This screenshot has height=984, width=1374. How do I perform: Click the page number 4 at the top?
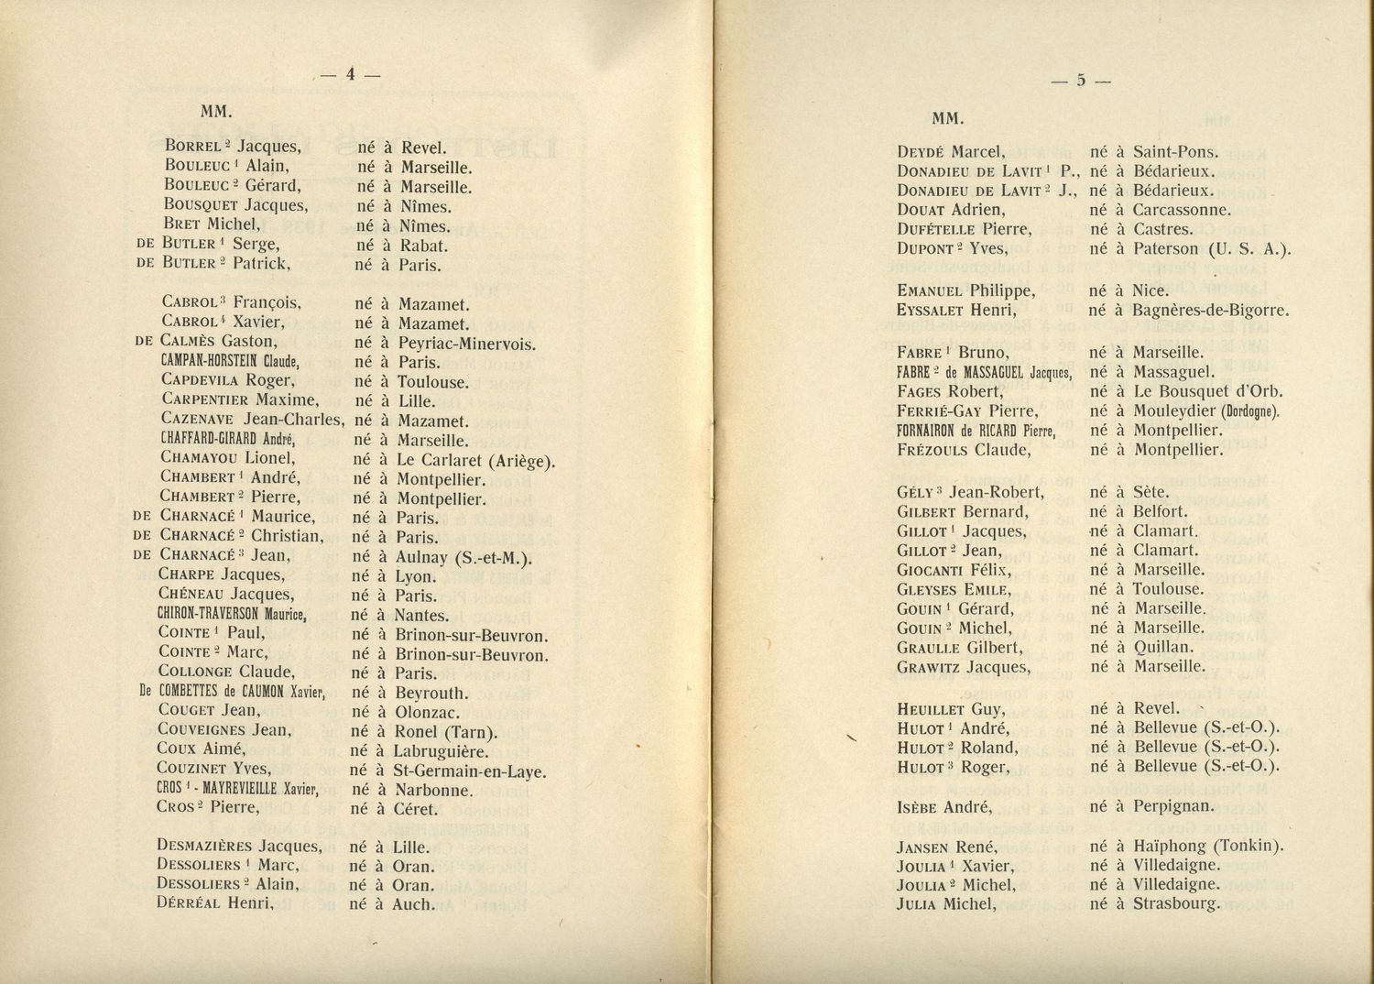349,77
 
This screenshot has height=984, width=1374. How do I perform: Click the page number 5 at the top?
1081,81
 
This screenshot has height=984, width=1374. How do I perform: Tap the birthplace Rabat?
423,246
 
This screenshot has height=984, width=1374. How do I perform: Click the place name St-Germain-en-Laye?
470,771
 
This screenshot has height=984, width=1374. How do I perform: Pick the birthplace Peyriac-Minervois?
466,344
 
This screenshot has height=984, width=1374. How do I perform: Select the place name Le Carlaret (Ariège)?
475,460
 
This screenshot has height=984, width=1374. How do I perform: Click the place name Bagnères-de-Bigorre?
1210,311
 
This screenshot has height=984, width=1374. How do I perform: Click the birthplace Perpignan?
1173,807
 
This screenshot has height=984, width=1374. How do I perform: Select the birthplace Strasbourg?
1177,904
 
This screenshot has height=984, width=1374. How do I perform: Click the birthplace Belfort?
1160,511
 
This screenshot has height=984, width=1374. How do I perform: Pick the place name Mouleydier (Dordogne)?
1206,411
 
